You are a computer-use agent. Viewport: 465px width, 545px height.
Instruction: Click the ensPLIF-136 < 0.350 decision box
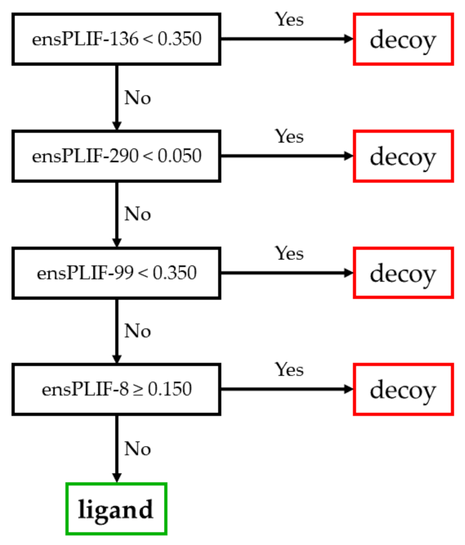[116, 39]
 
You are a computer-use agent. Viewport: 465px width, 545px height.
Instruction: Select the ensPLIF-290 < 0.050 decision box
[116, 156]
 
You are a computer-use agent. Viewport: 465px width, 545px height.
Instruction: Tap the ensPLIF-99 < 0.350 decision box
[116, 273]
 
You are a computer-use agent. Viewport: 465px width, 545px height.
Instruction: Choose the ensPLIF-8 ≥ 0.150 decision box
[116, 390]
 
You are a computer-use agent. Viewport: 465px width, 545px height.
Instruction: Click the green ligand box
[116, 509]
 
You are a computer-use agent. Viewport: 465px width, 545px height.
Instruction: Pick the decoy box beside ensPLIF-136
[403, 39]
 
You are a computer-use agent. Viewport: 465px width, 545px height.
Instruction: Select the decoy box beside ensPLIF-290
[403, 156]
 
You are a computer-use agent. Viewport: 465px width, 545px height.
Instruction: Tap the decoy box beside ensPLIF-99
[403, 273]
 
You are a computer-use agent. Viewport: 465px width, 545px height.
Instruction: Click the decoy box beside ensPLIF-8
[403, 390]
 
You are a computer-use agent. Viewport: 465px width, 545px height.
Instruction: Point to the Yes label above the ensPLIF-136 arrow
[289, 20]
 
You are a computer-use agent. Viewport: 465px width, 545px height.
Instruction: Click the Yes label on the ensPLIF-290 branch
[289, 137]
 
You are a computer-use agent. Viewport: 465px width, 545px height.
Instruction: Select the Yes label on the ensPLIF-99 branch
[289, 253]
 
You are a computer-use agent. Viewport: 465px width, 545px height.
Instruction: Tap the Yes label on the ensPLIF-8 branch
[289, 370]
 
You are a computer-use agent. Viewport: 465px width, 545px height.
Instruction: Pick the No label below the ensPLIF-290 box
[137, 214]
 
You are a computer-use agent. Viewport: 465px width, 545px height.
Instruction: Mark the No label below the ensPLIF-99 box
[137, 331]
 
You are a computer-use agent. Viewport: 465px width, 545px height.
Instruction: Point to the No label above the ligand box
[137, 449]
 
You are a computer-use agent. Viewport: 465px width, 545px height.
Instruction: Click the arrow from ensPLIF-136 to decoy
[287, 39]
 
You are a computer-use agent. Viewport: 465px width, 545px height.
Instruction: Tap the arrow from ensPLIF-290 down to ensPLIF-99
[117, 214]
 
